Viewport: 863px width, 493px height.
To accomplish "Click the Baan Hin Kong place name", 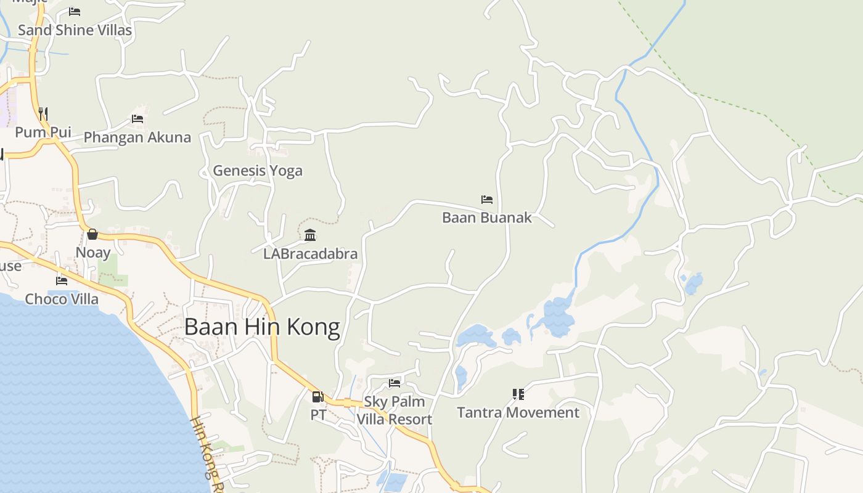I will pyautogui.click(x=262, y=327).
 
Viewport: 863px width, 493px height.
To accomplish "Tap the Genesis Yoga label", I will pyautogui.click(x=258, y=171).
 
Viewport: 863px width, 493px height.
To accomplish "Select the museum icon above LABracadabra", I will pyautogui.click(x=310, y=235).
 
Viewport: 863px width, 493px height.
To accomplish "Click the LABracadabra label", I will pyautogui.click(x=310, y=253).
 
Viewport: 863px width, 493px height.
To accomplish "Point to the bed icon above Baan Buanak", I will pyautogui.click(x=487, y=200).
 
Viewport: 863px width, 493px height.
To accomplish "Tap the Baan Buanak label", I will pyautogui.click(x=487, y=218).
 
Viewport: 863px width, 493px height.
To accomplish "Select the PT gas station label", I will pyautogui.click(x=318, y=415).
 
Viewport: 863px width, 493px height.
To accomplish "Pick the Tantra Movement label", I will pyautogui.click(x=518, y=412).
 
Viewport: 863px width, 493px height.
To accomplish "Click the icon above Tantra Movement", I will pyautogui.click(x=518, y=394).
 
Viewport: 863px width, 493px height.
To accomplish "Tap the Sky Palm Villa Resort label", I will pyautogui.click(x=395, y=410).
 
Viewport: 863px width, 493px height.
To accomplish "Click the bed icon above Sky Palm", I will pyautogui.click(x=395, y=383).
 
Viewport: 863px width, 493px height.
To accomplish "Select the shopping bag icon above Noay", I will pyautogui.click(x=92, y=234).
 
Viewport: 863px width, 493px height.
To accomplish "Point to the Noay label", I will pyautogui.click(x=93, y=253).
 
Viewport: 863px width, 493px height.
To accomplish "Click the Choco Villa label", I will pyautogui.click(x=62, y=299).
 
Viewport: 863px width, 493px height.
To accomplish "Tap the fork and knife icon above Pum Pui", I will pyautogui.click(x=43, y=113).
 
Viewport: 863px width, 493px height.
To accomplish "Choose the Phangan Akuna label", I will pyautogui.click(x=137, y=137).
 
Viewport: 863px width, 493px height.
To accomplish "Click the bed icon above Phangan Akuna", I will pyautogui.click(x=137, y=119).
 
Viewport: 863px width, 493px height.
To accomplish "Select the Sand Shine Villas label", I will pyautogui.click(x=75, y=30).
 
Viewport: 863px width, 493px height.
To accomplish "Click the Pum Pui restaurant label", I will pyautogui.click(x=43, y=132).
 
